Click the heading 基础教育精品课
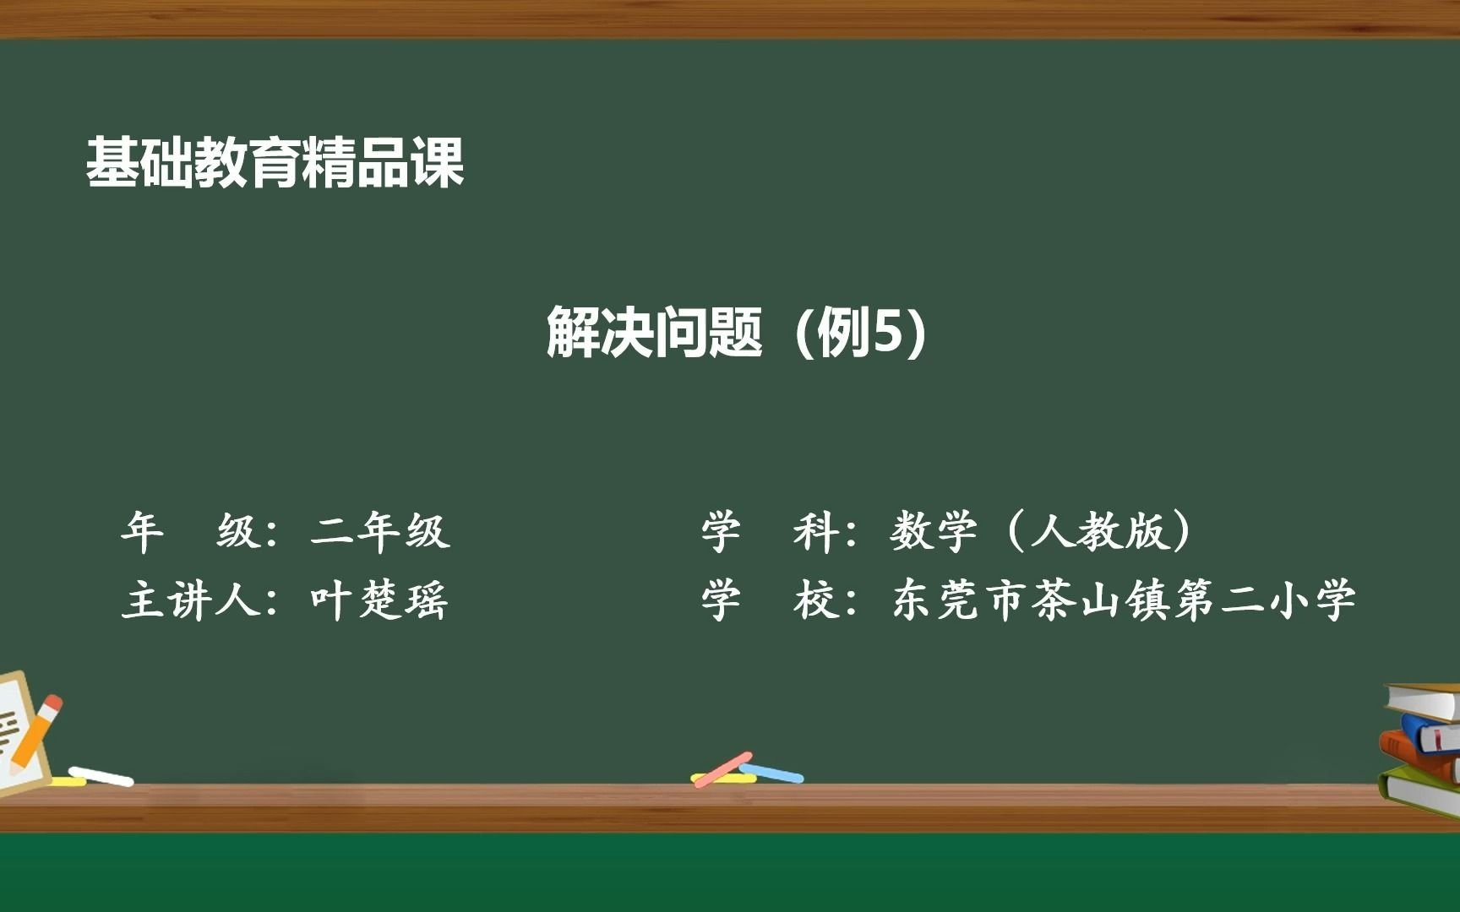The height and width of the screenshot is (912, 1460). (275, 162)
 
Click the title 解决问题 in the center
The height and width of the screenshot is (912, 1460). (655, 332)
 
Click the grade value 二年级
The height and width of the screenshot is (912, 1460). (380, 531)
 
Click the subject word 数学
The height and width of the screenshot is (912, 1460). (933, 531)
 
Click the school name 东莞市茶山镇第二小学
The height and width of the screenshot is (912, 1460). (1124, 600)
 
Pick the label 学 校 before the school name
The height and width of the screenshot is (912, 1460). (765, 600)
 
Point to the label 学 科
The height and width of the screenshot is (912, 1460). (765, 531)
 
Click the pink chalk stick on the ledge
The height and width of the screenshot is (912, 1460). (722, 769)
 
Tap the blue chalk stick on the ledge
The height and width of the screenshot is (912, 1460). (773, 772)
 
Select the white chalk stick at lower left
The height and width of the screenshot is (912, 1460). (101, 775)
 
